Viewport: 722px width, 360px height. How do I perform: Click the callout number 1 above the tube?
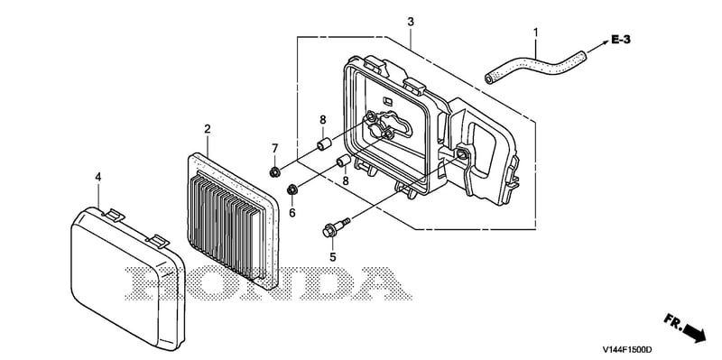(535, 32)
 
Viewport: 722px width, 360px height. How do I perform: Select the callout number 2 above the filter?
(208, 129)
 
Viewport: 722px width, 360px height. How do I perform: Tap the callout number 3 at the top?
(411, 22)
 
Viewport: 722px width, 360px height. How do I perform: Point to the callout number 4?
(98, 177)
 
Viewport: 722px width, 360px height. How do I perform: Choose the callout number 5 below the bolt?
(333, 257)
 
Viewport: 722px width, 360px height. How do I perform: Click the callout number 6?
(292, 213)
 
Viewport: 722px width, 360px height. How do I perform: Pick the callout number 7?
(275, 148)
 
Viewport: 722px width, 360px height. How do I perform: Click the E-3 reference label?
(621, 40)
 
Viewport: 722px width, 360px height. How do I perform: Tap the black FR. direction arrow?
(695, 333)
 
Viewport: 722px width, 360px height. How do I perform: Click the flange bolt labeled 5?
(336, 227)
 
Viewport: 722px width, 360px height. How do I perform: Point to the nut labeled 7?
(275, 172)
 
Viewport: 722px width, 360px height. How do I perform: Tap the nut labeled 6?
(292, 189)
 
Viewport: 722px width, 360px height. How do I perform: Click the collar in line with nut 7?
(323, 144)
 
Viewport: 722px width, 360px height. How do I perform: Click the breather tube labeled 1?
(536, 66)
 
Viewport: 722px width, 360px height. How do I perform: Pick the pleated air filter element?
(233, 221)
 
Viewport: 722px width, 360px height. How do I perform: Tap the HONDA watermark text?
(267, 283)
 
